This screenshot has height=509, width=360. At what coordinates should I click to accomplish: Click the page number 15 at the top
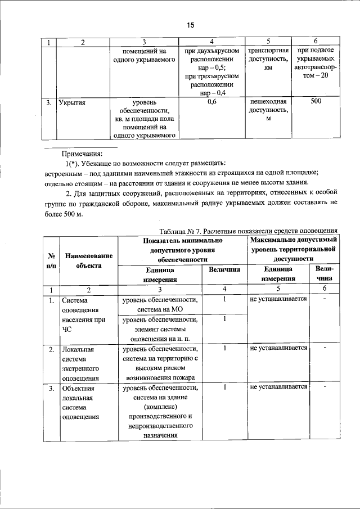pos(190,25)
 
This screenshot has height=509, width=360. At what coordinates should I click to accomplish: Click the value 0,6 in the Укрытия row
pos(212,102)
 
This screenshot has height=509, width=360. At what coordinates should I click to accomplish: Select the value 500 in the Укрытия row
pos(316,102)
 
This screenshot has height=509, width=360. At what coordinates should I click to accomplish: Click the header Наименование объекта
pos(89,260)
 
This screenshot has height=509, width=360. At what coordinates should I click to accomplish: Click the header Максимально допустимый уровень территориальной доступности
pos(293,249)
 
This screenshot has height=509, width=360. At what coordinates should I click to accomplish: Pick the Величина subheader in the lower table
pos(224,270)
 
